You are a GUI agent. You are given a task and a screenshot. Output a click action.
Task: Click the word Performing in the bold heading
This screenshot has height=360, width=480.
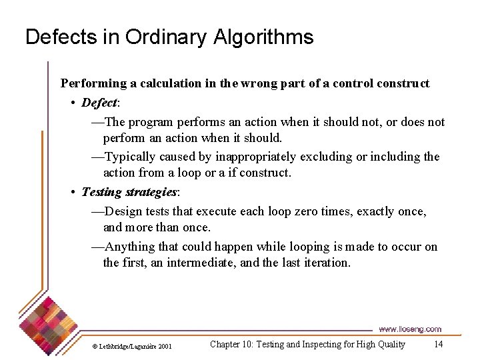point(93,83)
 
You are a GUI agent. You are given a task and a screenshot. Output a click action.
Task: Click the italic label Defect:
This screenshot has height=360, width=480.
point(101,103)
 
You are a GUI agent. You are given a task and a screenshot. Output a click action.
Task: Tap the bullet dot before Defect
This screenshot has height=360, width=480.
point(73,103)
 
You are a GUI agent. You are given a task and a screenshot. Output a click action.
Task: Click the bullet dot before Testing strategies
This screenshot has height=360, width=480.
point(73,193)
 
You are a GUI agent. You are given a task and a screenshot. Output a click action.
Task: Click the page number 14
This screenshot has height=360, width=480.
point(438,344)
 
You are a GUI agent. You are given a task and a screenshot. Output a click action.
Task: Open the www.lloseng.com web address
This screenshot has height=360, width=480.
point(409,329)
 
